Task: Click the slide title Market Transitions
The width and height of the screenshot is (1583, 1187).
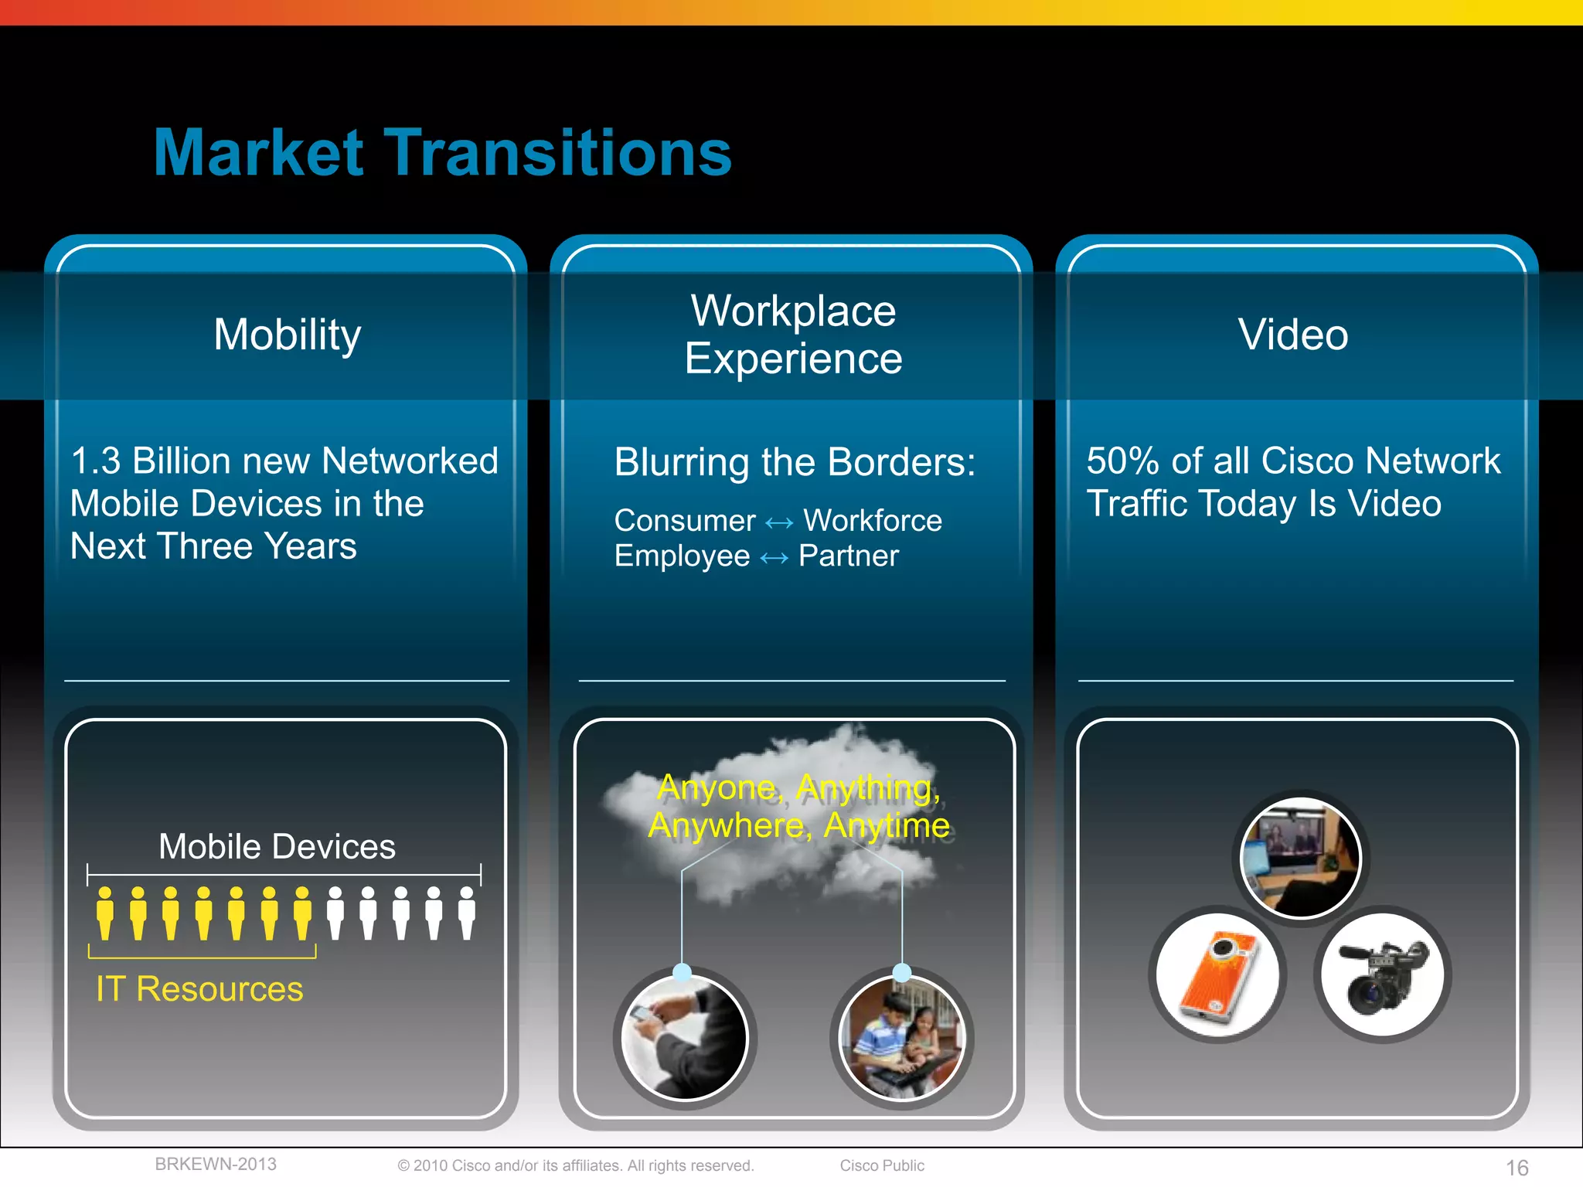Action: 442,153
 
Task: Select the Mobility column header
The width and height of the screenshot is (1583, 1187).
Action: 287,335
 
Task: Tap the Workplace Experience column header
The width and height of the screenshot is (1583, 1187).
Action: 793,335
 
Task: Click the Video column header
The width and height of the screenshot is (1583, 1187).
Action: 1293,335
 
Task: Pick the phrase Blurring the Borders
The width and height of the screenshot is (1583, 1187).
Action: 795,462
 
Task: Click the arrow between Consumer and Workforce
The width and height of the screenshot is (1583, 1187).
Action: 779,523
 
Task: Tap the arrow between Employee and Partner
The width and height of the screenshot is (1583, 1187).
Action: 774,558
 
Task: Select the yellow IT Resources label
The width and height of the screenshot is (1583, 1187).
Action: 199,989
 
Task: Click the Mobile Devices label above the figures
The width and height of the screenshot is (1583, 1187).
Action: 277,847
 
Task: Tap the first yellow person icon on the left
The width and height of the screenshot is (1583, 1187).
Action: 105,913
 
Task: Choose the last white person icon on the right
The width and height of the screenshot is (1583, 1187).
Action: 467,913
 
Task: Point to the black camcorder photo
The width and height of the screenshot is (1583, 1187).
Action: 1383,974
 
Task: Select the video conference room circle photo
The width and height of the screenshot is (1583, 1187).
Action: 1300,858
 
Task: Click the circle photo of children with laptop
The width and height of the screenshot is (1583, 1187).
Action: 902,1037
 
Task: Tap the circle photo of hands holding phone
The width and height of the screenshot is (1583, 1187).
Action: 685,1037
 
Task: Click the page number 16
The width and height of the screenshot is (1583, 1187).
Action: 1517,1168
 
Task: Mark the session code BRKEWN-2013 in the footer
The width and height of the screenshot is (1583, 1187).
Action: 216,1165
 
